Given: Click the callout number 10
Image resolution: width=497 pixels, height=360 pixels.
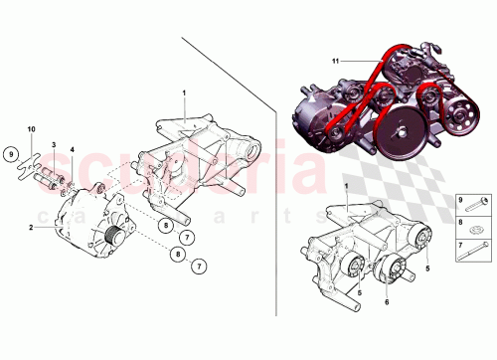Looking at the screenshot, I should point(31,130).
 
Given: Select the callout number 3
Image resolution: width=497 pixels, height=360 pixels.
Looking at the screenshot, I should point(54,146).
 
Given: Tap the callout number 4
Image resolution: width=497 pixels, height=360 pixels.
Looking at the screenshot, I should point(72,150).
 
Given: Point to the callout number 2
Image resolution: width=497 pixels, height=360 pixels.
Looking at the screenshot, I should point(31,228).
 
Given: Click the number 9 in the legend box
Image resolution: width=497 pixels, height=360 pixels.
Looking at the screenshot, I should point(460,200).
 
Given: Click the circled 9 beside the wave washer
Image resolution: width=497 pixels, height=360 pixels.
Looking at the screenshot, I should point(9,154).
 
